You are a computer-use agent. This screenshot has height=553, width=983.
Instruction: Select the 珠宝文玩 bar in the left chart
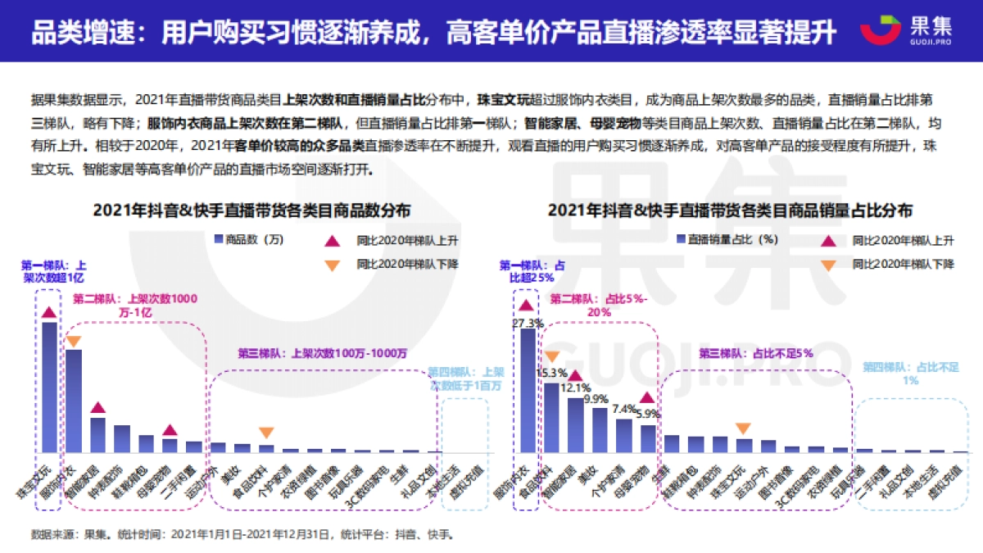click(x=50, y=386)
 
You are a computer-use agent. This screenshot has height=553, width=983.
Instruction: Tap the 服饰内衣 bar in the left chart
click(x=74, y=400)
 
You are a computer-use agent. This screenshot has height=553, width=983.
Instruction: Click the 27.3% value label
click(x=526, y=323)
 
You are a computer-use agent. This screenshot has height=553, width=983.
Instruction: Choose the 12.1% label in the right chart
click(x=576, y=388)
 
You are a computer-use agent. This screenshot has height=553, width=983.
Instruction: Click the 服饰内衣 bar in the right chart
click(x=528, y=390)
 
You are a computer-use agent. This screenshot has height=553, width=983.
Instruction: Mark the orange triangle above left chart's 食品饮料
click(x=266, y=433)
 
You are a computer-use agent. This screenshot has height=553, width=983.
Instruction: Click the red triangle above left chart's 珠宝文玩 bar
click(x=50, y=312)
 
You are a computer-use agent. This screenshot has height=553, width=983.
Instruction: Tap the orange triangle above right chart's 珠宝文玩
click(x=743, y=428)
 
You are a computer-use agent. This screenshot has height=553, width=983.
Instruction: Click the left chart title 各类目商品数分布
click(x=251, y=210)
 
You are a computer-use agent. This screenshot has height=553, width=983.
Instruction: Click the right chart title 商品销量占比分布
click(x=729, y=210)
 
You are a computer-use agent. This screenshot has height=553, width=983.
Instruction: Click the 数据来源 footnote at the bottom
click(x=241, y=535)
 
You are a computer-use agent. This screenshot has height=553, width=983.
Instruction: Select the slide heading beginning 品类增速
click(x=434, y=33)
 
